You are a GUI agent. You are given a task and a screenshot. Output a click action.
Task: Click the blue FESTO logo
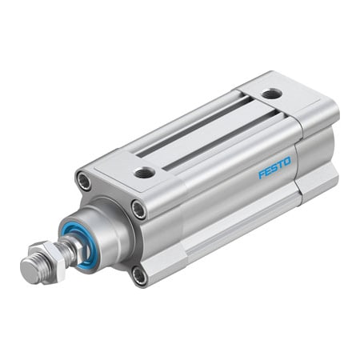274,167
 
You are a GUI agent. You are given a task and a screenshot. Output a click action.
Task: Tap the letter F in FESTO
262,174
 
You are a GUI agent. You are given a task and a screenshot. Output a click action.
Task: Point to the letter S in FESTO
274,167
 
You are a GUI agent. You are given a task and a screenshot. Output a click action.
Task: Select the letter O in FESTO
287,161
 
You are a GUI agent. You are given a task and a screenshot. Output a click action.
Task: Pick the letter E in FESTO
268,170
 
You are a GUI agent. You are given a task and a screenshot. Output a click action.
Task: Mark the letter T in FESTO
281,164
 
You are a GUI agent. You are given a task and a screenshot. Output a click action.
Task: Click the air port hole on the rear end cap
271,94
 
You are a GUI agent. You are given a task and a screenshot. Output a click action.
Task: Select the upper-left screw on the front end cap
84,182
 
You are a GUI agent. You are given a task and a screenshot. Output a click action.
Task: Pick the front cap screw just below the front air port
138,210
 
